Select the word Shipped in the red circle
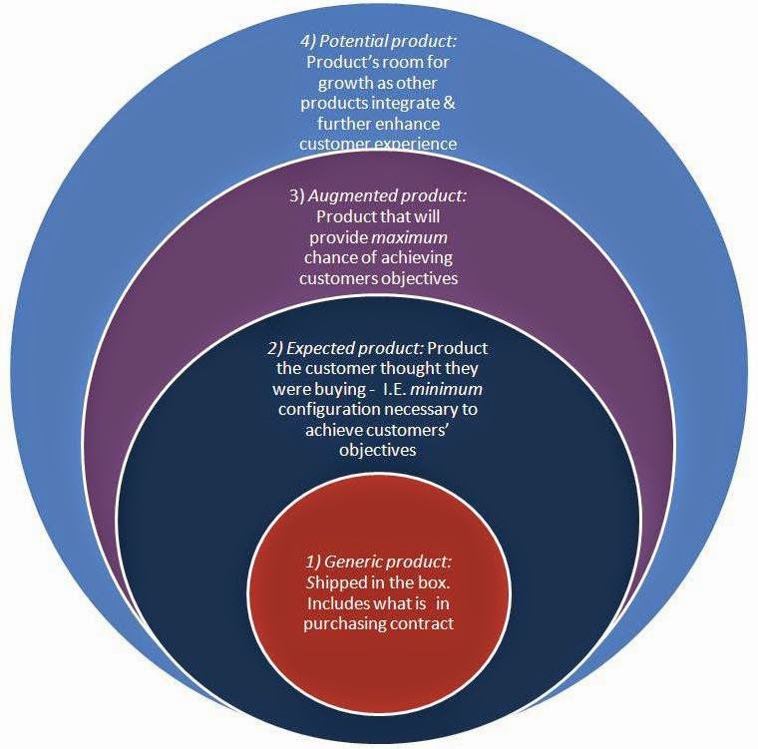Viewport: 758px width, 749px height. (x=330, y=583)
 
